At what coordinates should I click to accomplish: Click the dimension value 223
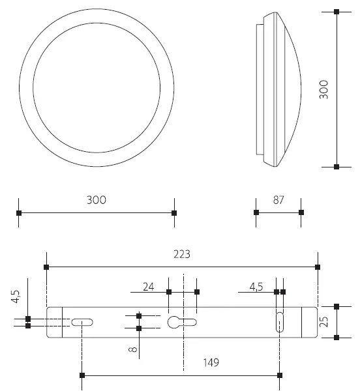click(x=182, y=254)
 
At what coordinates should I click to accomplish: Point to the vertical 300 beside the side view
click(x=323, y=89)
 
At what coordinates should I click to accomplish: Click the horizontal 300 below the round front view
click(x=96, y=200)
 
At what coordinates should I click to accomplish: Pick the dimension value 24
click(x=148, y=285)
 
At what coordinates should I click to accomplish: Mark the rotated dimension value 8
click(x=133, y=350)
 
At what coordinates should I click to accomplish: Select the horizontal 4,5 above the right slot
click(x=256, y=285)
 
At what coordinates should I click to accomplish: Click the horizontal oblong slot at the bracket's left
click(x=82, y=321)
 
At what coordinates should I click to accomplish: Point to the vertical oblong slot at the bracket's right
click(x=280, y=322)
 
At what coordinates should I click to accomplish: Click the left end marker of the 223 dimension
click(x=46, y=267)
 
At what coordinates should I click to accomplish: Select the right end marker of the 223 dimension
click(x=318, y=267)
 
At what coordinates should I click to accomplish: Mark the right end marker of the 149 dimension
click(x=280, y=375)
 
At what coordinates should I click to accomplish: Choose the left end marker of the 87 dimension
click(x=256, y=212)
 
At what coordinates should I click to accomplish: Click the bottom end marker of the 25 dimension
click(x=337, y=338)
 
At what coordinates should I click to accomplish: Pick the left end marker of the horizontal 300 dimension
click(x=19, y=213)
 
